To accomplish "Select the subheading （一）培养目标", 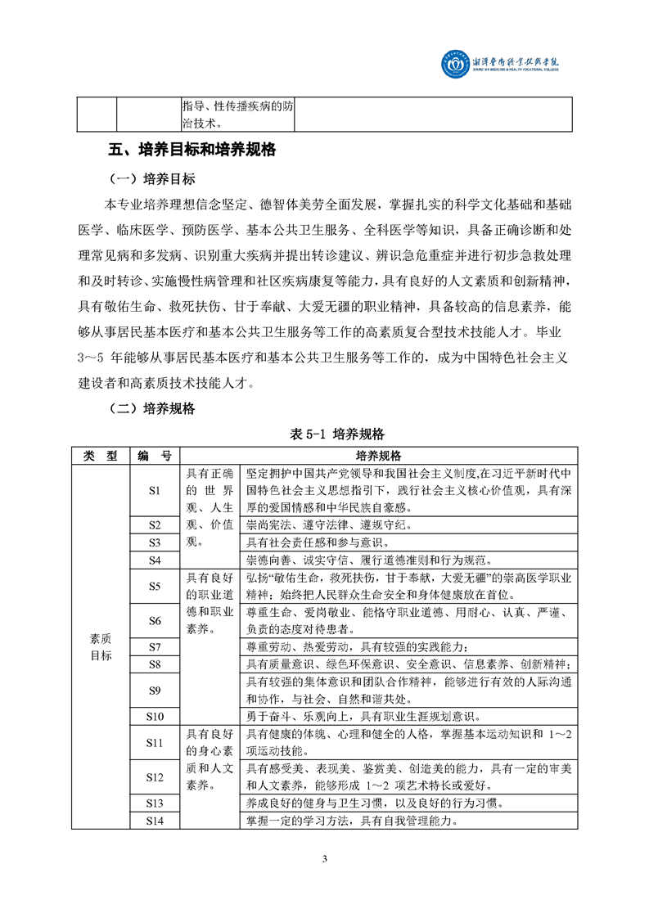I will [x=152, y=179].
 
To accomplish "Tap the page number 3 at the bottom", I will [x=325, y=858].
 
